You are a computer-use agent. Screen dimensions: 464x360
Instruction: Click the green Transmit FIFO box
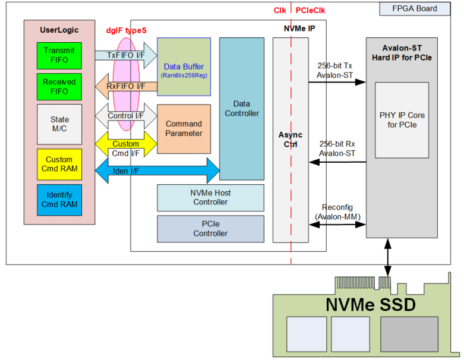59,56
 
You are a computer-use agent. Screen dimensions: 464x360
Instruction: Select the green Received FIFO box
59,87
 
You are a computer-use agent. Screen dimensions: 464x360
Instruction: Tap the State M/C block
59,124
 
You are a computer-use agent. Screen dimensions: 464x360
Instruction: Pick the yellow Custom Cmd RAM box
59,164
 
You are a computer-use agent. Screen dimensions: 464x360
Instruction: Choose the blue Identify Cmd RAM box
59,200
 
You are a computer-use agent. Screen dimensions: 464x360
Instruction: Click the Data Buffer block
184,67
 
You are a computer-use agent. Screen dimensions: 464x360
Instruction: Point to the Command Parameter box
184,129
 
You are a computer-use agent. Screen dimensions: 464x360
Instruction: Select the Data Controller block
242,109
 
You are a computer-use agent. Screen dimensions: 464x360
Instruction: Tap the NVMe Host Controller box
210,198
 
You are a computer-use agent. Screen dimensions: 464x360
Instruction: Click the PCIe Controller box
210,229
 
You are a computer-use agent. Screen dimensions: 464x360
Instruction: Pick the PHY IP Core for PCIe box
402,120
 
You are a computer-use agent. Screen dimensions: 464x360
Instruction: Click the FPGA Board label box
415,8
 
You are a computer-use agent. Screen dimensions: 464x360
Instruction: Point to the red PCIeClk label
310,11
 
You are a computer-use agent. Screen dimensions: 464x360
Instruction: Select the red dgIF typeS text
127,30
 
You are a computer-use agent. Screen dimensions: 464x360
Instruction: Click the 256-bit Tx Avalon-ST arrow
337,82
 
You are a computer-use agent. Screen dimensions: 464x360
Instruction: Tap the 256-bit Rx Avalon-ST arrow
337,162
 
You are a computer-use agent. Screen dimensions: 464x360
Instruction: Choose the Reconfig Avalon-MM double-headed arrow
337,225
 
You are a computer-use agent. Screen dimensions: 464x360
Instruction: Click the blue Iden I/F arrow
157,170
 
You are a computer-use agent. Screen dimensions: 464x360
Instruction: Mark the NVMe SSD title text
371,304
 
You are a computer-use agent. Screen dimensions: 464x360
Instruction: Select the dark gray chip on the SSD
409,334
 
